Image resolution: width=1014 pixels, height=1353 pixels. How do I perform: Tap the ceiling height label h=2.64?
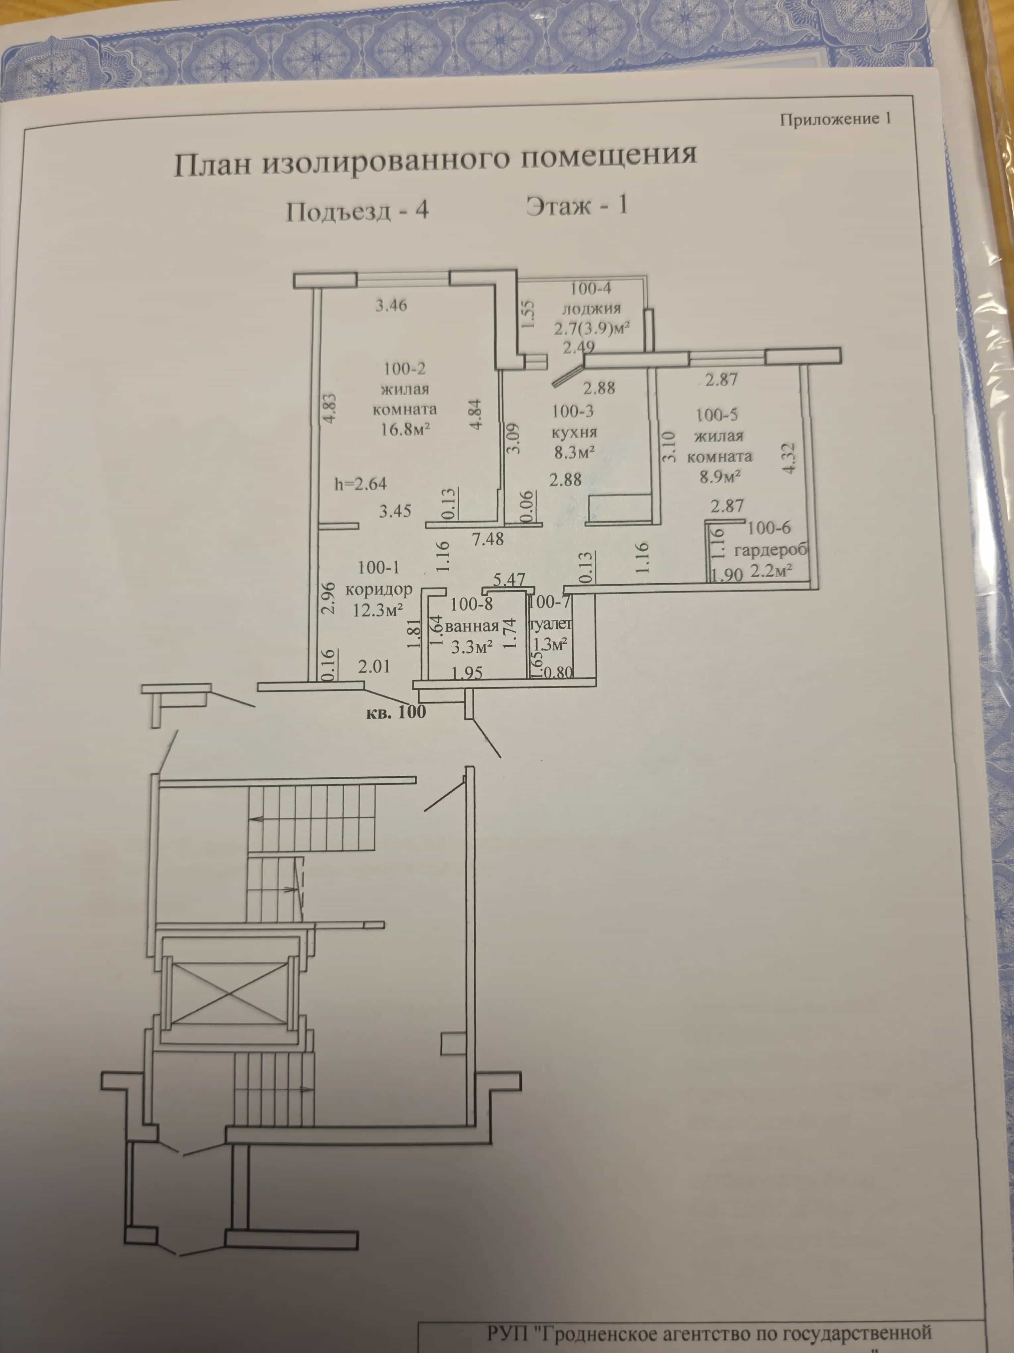361,484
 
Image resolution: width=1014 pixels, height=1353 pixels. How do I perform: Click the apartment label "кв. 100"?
395,712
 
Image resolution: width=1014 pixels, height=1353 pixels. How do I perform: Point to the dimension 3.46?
391,305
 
